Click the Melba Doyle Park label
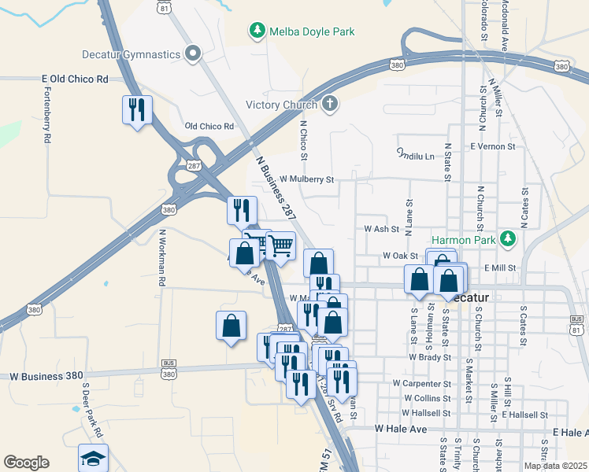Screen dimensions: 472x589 pyautogui.click(x=312, y=32)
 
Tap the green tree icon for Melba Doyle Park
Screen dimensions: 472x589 pyautogui.click(x=256, y=31)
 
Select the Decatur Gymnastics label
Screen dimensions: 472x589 pyautogui.click(x=131, y=54)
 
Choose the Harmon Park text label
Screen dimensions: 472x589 pyautogui.click(x=465, y=239)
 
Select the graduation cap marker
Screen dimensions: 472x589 pyautogui.click(x=94, y=459)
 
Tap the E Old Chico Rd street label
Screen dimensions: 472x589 pyautogui.click(x=75, y=79)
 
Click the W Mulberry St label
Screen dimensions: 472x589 pyautogui.click(x=306, y=179)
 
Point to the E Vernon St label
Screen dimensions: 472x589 pyautogui.click(x=492, y=146)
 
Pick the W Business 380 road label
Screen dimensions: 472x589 pyautogui.click(x=47, y=376)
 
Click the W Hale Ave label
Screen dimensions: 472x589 pyautogui.click(x=400, y=429)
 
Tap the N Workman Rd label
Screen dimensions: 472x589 pyautogui.click(x=162, y=256)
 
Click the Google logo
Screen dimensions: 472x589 pyautogui.click(x=26, y=463)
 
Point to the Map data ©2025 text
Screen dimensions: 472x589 pyautogui.click(x=554, y=466)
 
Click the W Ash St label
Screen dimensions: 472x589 pyautogui.click(x=382, y=229)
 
